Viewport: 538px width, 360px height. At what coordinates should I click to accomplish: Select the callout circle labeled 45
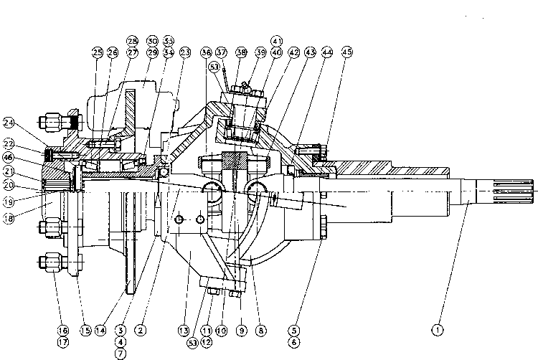346,52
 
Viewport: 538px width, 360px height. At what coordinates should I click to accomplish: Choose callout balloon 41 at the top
276,41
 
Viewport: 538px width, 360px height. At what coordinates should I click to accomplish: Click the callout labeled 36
207,52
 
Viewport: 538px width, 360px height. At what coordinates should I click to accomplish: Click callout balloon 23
185,52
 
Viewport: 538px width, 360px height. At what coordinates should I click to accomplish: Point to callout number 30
152,41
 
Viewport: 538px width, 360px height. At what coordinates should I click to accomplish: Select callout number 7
118,352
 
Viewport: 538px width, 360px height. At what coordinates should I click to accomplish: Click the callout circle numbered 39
260,52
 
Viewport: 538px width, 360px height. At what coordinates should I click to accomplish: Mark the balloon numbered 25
98,52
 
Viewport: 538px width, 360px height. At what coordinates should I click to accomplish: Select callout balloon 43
311,52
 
